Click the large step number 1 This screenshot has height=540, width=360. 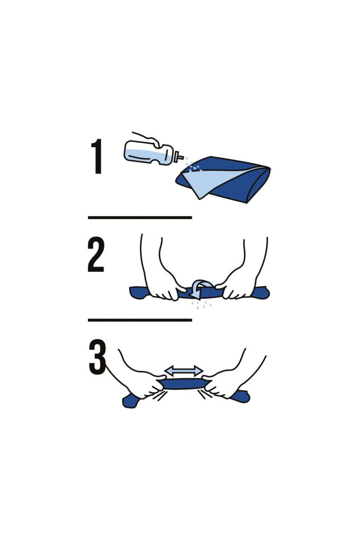[x=96, y=156]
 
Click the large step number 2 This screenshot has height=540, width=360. [x=96, y=255]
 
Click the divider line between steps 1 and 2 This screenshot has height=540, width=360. [x=140, y=218]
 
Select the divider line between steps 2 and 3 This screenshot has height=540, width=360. [x=140, y=320]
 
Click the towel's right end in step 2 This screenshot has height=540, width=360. [x=262, y=292]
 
